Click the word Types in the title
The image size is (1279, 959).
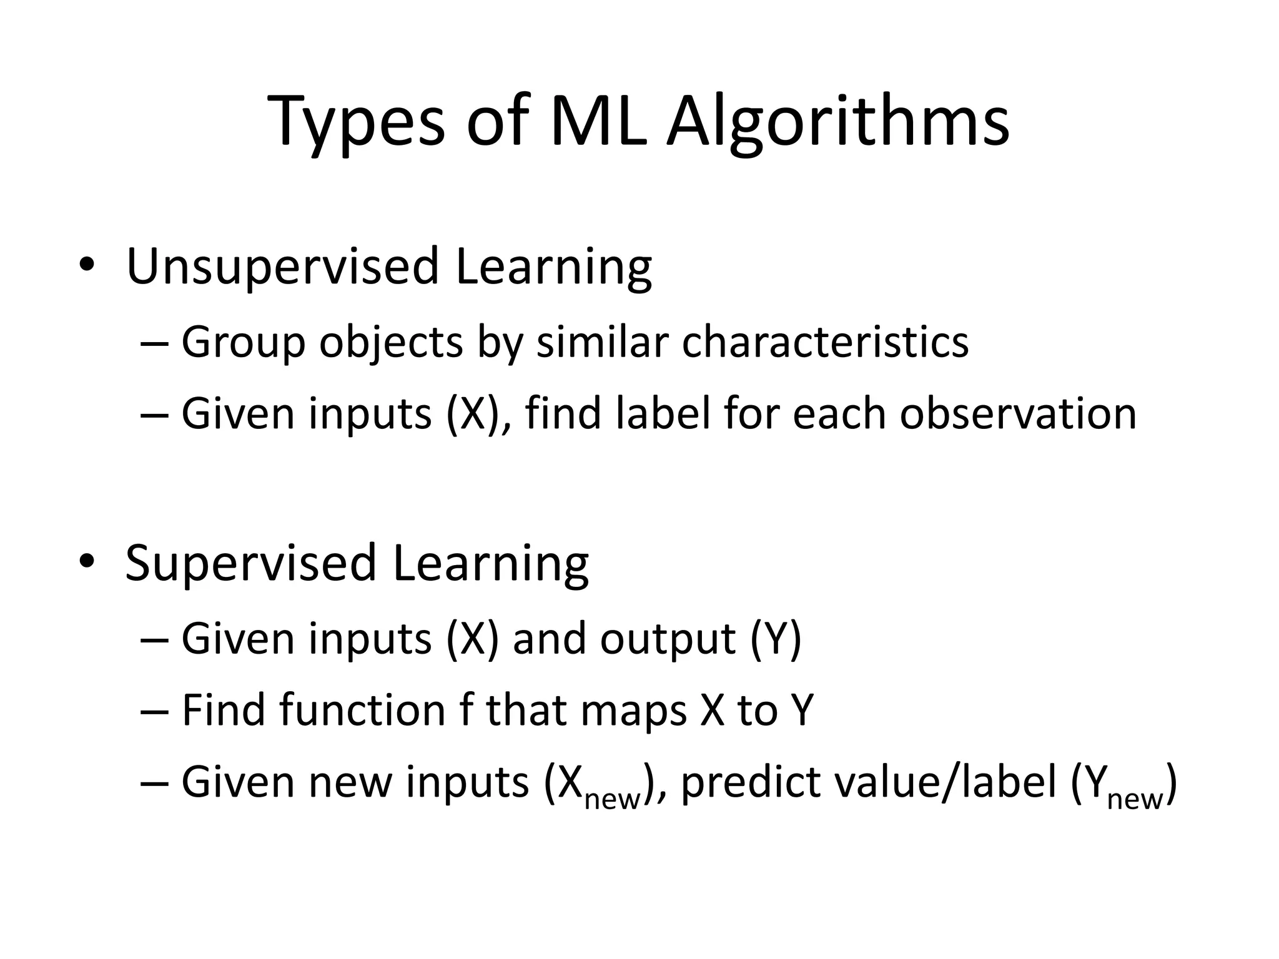356,122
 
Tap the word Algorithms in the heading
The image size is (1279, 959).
837,122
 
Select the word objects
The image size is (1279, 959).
391,344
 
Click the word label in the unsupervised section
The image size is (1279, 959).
663,413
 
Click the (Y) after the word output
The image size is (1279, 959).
774,639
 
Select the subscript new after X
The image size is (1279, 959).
612,799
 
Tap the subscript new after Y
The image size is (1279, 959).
1135,799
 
